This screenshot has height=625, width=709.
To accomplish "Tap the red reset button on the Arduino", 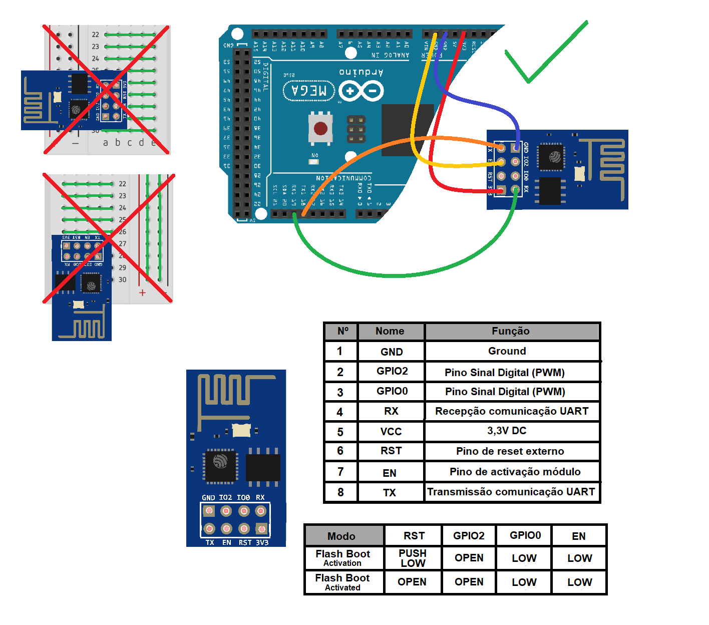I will coord(320,129).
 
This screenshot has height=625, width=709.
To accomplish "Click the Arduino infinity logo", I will coord(361,91).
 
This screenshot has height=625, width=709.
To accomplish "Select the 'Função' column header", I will coord(511,331).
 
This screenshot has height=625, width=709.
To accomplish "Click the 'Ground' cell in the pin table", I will coord(507,351).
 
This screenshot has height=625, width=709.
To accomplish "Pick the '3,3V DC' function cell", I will coord(507,431).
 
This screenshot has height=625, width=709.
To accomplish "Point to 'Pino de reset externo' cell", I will coord(510,451).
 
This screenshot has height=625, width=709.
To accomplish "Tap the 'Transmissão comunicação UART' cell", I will coord(511,492).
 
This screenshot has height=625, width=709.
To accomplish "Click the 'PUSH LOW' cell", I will coord(413,558).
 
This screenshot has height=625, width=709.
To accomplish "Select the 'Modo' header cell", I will coord(341,536).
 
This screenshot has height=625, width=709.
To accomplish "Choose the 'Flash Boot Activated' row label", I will coord(342,582).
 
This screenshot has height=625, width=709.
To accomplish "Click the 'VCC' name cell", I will coord(391,432).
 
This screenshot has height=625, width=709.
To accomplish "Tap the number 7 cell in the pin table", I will coord(340,472).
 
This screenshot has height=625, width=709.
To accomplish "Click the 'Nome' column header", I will coord(390,331).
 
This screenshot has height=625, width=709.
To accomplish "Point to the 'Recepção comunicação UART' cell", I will coord(512,411).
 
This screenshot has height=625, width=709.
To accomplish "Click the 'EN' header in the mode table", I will coord(579,536).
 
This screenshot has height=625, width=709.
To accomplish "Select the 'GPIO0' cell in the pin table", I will coord(392,391).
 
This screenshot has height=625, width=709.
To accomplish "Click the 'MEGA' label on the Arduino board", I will coord(309,91).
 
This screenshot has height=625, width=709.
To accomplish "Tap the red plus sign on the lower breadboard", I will coord(143,292).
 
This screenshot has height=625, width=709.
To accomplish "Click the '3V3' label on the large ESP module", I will coord(262,542).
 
